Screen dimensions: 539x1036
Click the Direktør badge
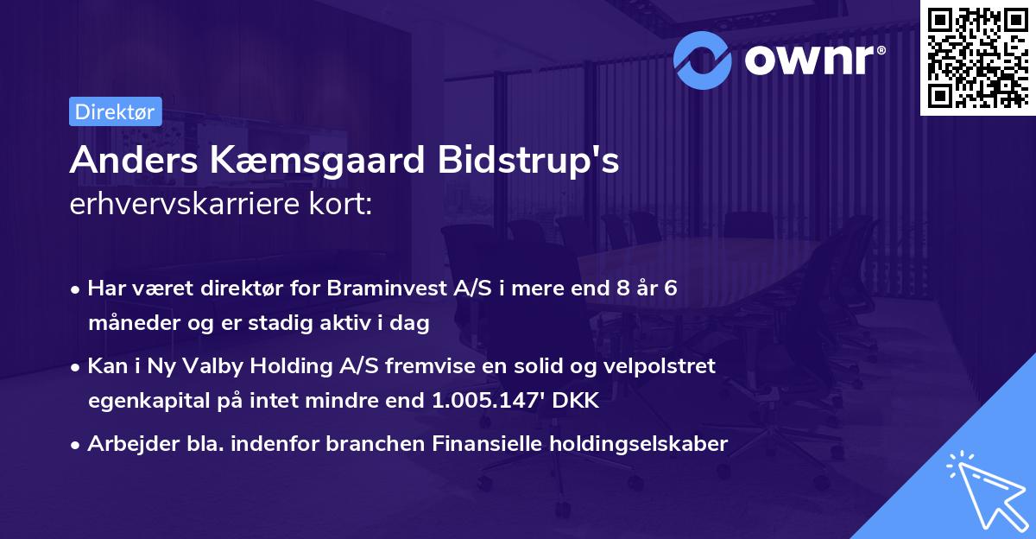pos(115,112)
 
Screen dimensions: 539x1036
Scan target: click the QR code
pos(977,58)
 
